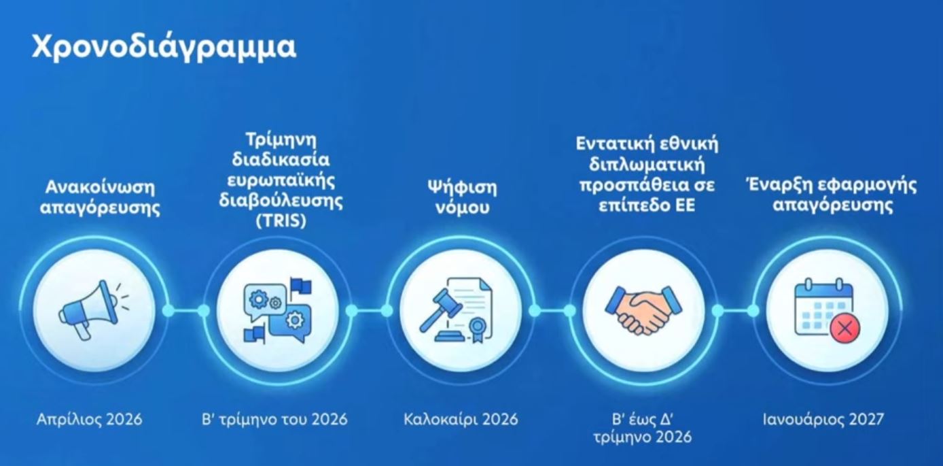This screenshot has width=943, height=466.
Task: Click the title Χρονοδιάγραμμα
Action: pos(164,47)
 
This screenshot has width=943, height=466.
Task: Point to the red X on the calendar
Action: pos(845,329)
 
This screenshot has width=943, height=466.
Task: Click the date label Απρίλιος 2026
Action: pos(89,419)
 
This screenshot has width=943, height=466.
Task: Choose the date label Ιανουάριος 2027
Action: pos(823,419)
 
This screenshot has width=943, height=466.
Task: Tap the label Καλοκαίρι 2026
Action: pos(461,419)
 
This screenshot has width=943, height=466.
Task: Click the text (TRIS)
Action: pos(281,220)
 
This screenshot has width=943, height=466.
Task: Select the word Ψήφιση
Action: pos(462,188)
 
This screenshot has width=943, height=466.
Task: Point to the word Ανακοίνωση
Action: pos(100,187)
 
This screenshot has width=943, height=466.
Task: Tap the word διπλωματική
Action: pos(647,165)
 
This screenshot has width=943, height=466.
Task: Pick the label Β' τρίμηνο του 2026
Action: pos(274,419)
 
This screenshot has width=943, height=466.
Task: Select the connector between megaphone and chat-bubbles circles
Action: pos(185,311)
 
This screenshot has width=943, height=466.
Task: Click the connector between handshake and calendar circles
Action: pos(735,311)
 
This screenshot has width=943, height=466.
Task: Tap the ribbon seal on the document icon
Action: pos(478,329)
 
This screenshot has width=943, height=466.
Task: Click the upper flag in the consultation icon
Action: pos(300,286)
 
